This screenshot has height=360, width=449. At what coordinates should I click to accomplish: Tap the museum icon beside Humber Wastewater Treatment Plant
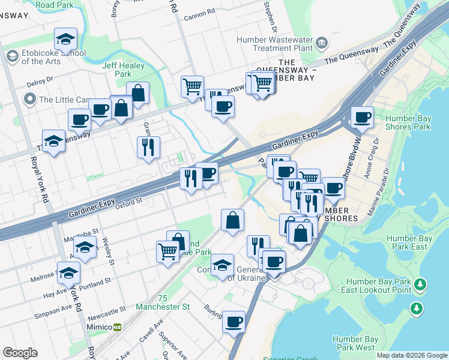tap(322, 43)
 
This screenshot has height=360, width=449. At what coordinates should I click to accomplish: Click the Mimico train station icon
tap(118, 326)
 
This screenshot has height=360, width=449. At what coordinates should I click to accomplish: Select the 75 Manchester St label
tap(162, 302)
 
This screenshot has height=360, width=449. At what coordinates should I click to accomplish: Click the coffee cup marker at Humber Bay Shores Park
tap(362, 117)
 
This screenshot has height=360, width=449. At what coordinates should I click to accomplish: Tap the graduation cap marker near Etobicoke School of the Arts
tap(65, 39)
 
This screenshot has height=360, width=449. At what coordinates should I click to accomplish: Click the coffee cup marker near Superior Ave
tap(234, 321)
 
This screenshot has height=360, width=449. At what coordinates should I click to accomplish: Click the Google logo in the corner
tap(20, 353)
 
